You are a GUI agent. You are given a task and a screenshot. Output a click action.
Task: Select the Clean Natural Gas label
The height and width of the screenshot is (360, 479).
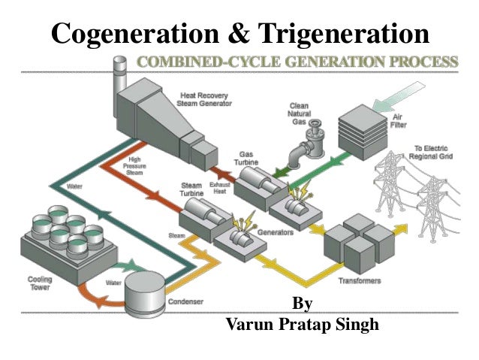(x=298, y=113)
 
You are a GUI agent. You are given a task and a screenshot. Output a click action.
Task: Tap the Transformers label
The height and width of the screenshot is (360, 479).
(x=360, y=281)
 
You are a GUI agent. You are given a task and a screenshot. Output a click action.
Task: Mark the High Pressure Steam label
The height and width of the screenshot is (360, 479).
(x=135, y=165)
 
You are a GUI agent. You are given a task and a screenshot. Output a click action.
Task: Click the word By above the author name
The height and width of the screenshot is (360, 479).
(x=302, y=305)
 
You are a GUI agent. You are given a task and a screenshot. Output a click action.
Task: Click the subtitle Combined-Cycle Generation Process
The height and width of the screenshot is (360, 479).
(x=297, y=62)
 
